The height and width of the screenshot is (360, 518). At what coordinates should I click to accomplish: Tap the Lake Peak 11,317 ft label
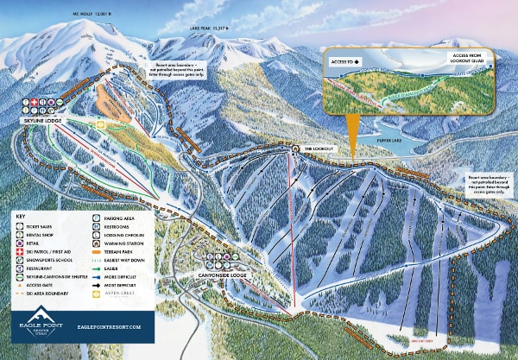point(207,28)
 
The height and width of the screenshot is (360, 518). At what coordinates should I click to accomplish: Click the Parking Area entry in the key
point(120,220)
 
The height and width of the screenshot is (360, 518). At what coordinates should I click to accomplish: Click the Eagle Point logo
point(35,328)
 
